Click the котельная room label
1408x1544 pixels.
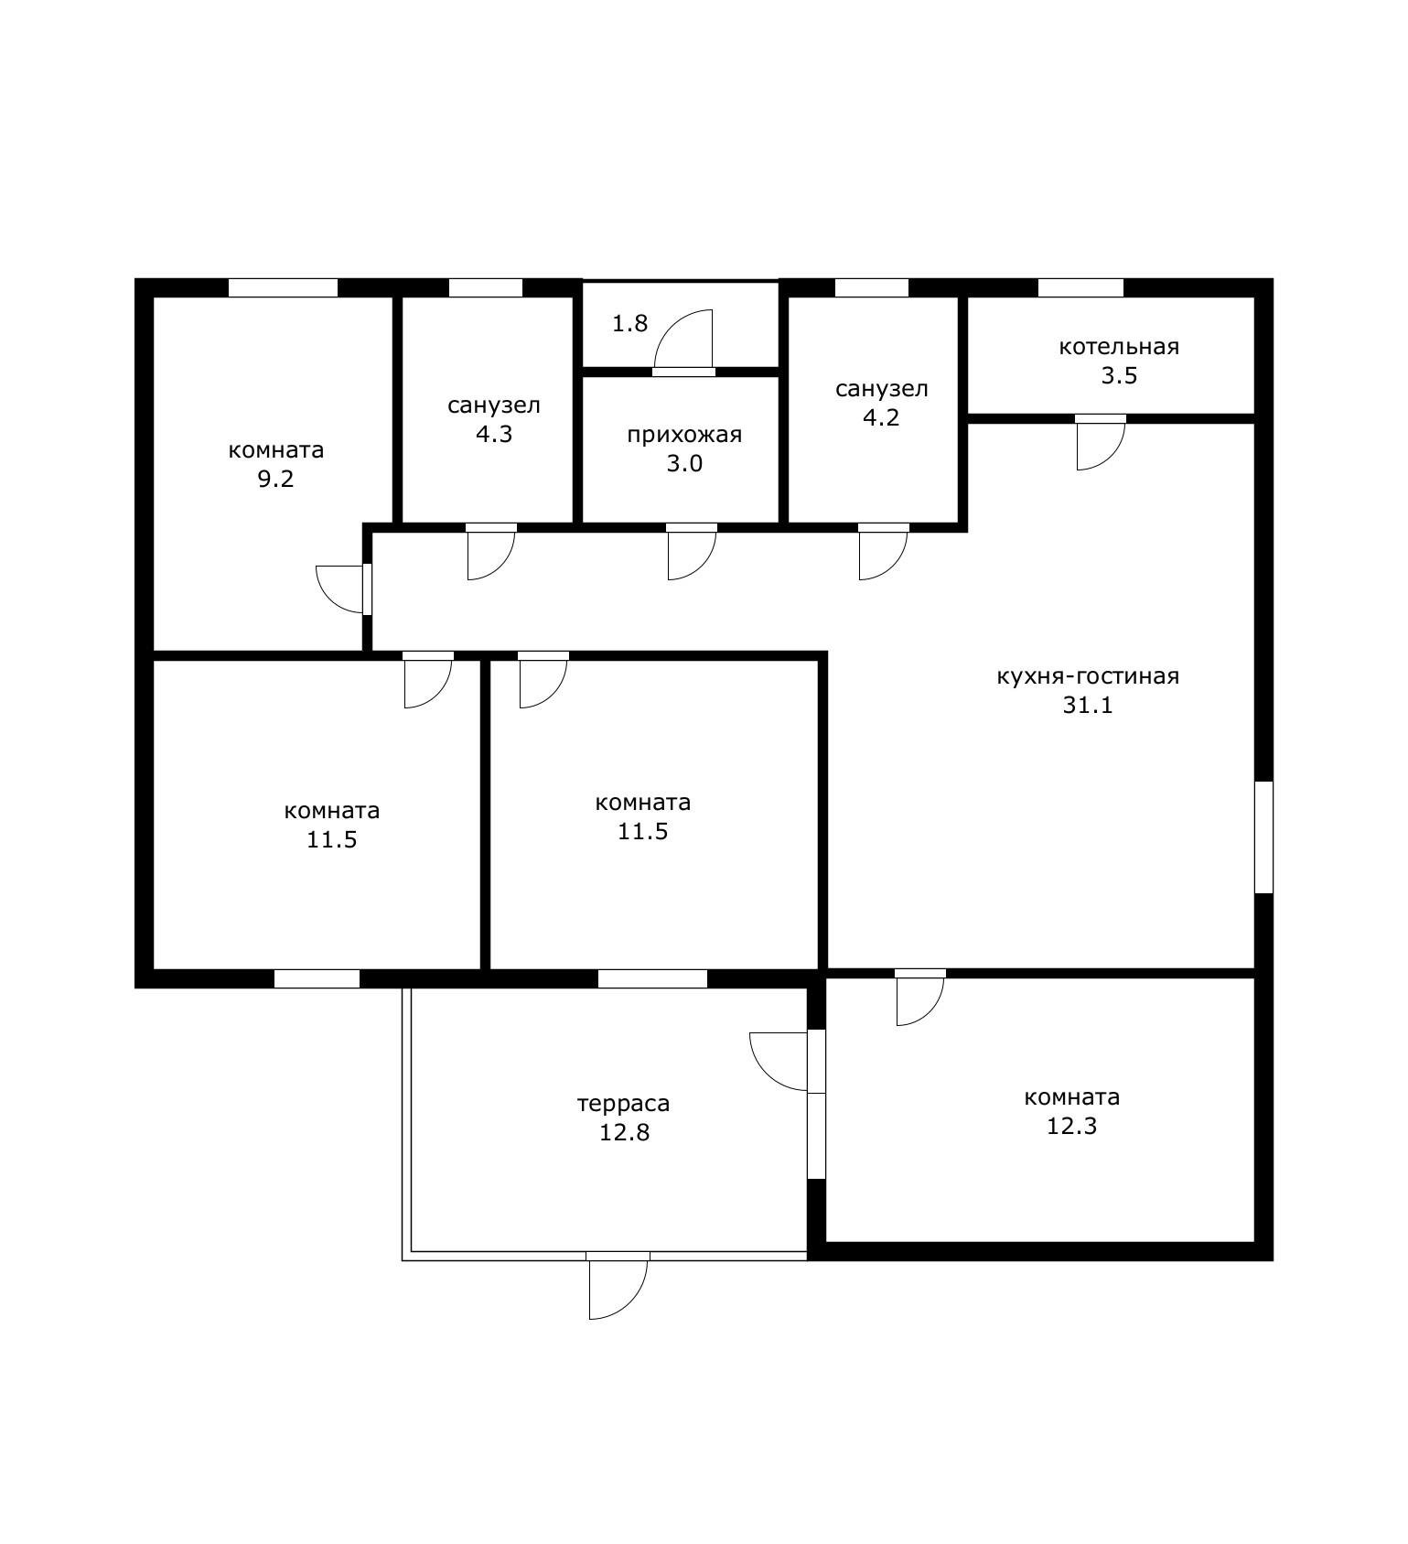[x=1119, y=347]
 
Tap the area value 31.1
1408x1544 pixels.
[x=1088, y=706]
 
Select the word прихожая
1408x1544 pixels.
[x=684, y=435]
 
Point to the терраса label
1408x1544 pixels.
[x=623, y=1104]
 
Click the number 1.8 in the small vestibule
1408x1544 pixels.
[x=629, y=323]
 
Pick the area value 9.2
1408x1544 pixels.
[x=275, y=479]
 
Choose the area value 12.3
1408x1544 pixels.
[x=1071, y=1126]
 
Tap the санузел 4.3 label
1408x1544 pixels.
[x=494, y=419]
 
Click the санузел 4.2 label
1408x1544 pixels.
[x=882, y=403]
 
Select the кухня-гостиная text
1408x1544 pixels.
[x=1088, y=676]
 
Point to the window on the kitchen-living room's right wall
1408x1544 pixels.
[x=1263, y=837]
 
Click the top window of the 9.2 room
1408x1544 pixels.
[x=283, y=287]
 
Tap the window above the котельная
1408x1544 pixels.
[x=1080, y=287]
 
